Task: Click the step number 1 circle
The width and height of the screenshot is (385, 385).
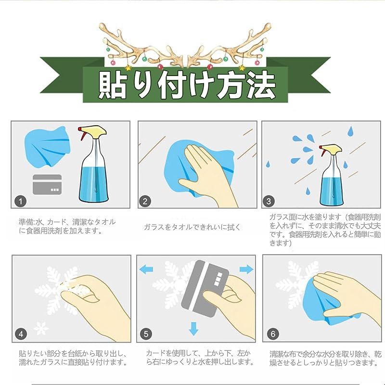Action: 20,201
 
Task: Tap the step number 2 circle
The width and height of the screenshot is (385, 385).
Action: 145,201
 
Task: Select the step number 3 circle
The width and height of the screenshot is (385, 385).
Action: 269,201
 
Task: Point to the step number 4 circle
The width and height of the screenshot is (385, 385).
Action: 21,334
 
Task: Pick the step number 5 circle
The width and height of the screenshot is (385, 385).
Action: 146,334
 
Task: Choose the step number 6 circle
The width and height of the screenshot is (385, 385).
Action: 273,334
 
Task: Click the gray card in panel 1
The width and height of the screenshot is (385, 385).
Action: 47,184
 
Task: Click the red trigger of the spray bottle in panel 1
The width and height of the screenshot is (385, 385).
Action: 82,134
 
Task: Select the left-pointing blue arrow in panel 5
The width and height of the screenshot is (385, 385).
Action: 146,269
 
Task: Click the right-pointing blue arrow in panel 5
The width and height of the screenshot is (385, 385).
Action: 246,269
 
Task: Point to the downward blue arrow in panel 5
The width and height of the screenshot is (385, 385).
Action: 194,329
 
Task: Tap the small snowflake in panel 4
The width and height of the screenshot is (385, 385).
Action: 41,328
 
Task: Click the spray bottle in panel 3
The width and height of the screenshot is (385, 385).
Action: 331,175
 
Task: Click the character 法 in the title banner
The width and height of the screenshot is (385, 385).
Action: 260,85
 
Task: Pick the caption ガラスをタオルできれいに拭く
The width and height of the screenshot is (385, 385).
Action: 192,227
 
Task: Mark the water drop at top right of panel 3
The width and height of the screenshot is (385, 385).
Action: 350,131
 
